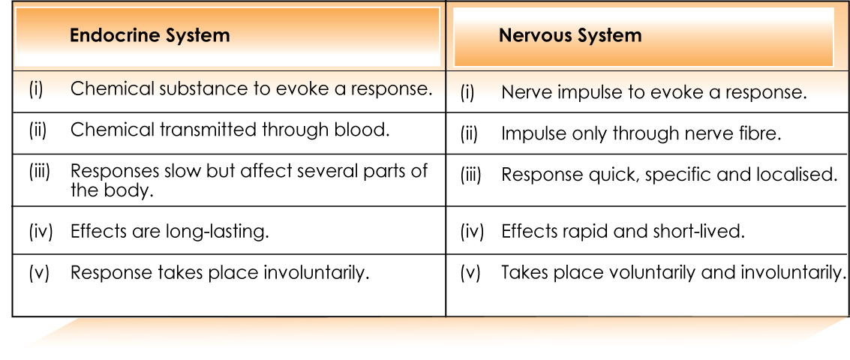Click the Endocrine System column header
(149, 36)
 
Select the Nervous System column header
(570, 36)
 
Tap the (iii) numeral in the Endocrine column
(39, 172)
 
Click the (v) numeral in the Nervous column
(470, 273)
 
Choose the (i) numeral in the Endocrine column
(35, 89)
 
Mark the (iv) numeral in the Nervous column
(472, 232)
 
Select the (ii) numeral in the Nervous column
(469, 134)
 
